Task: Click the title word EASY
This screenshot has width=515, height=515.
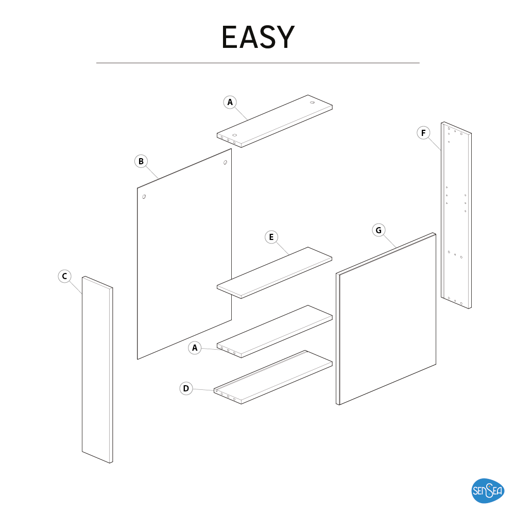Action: pos(258,37)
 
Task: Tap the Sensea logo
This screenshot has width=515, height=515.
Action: pos(488,491)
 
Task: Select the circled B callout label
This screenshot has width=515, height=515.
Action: pos(141,161)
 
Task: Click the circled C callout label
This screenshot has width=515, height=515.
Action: pos(65,276)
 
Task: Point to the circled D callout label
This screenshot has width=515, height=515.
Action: pos(186,388)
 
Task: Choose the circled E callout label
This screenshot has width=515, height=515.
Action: pos(271,237)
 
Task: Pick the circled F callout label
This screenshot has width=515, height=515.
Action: pos(423,133)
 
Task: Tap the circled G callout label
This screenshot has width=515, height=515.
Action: pos(379,230)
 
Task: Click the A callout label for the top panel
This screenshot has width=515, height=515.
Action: pos(230,102)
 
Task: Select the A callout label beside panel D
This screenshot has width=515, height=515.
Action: pos(195,348)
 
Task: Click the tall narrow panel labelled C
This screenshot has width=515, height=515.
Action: pos(97,369)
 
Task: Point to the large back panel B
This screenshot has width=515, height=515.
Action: pos(184,254)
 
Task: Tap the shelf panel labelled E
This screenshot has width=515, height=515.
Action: pos(274,272)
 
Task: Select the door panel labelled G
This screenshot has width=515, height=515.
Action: pos(386,319)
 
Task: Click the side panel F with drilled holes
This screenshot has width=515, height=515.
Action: pos(456,215)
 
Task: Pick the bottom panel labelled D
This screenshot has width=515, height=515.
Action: pos(273,377)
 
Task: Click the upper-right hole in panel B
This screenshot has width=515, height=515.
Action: pos(226,162)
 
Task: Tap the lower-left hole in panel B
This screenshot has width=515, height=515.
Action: pos(144,197)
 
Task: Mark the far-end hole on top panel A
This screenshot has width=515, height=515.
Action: pos(313,102)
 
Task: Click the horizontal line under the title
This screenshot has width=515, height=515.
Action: pos(258,63)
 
